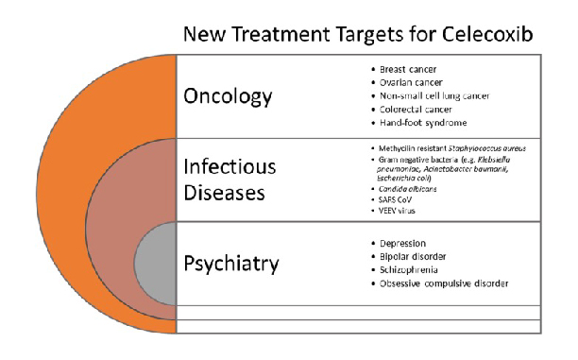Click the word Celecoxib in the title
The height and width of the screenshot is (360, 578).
click(x=487, y=34)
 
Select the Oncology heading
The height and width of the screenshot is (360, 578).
click(x=228, y=96)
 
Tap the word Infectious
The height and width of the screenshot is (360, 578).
click(x=229, y=166)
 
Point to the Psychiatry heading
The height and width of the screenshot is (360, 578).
click(x=231, y=264)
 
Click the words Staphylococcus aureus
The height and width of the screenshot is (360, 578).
click(x=487, y=148)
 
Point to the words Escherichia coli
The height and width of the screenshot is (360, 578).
click(x=404, y=179)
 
